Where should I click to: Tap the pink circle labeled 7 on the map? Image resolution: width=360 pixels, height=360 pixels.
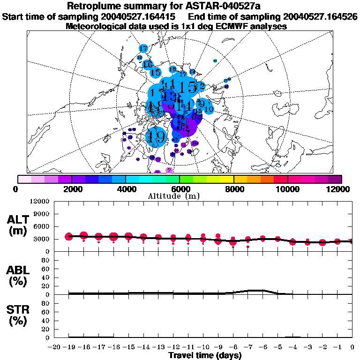tap(170, 170)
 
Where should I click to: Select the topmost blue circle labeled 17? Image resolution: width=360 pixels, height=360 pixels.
tap(143, 48)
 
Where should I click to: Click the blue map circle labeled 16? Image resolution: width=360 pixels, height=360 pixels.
tap(148, 64)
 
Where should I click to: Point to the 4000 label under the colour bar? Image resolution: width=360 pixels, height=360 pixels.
tap(125, 189)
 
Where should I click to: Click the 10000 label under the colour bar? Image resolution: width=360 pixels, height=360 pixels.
tap(287, 189)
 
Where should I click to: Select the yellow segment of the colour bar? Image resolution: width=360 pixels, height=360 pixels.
tap(227, 179)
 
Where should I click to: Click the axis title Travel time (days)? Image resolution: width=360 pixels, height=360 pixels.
tap(205, 356)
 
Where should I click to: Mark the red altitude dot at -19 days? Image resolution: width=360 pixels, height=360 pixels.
tap(69, 236)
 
